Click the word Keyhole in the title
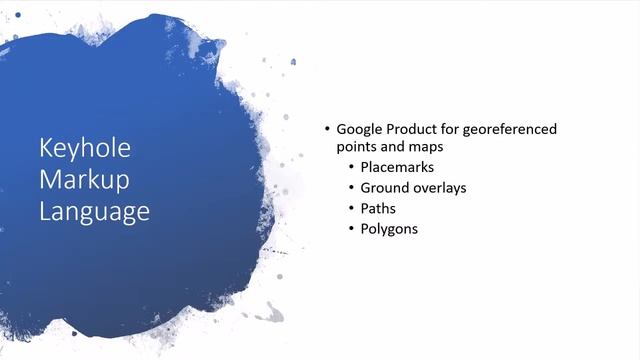coord(85,150)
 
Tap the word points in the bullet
coord(357,148)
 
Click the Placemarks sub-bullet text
coord(397,167)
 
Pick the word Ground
coord(385,188)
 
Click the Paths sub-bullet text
coord(378,208)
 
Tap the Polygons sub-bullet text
coord(389,229)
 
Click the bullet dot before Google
coord(326,130)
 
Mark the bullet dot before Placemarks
coord(350,167)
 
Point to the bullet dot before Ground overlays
coord(350,188)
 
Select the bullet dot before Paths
coord(350,208)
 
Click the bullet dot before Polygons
coord(350,229)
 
